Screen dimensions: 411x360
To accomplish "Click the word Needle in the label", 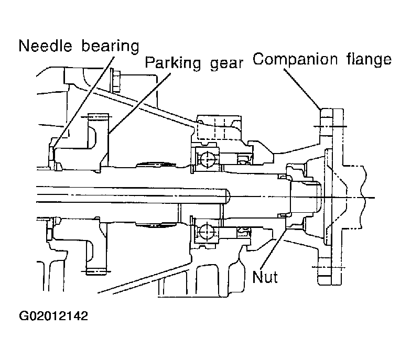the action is click(45, 46).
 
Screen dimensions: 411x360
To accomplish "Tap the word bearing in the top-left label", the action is click(110, 47).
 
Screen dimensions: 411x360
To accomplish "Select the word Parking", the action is click(173, 63).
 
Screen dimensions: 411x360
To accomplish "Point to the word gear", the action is click(226, 64).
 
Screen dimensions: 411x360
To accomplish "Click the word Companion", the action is click(295, 59).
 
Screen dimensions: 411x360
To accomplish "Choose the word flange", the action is click(369, 59).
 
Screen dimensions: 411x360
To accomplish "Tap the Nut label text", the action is click(265, 277).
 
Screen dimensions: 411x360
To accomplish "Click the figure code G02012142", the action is click(53, 316).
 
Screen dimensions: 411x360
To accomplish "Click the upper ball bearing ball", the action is click(207, 158).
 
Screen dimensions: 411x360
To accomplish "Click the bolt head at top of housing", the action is click(115, 80).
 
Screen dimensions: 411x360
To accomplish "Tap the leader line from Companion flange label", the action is click(302, 89).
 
